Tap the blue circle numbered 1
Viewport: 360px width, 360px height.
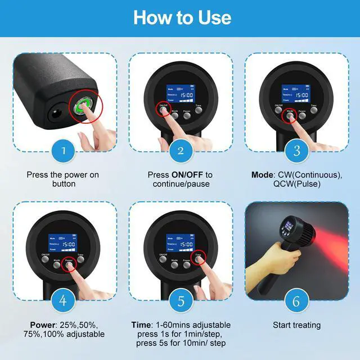point(64,151)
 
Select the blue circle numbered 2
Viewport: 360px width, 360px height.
point(181,151)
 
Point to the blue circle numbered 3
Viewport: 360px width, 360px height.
point(296,151)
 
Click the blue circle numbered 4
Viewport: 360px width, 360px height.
point(64,301)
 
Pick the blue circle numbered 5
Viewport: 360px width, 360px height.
point(181,301)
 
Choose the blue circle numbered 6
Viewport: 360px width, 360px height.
point(296,301)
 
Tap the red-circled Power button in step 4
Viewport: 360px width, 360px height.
point(69,264)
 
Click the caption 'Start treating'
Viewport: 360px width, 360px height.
point(296,325)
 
